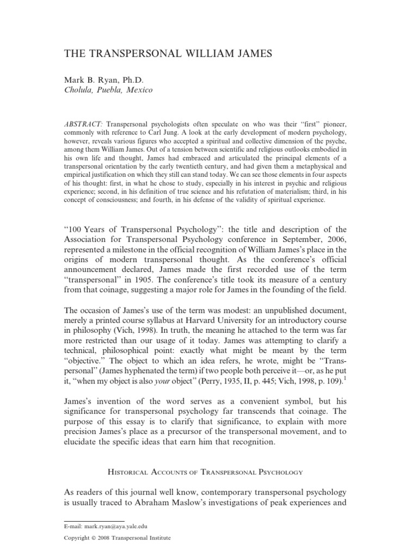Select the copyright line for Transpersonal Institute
click(x=117, y=538)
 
